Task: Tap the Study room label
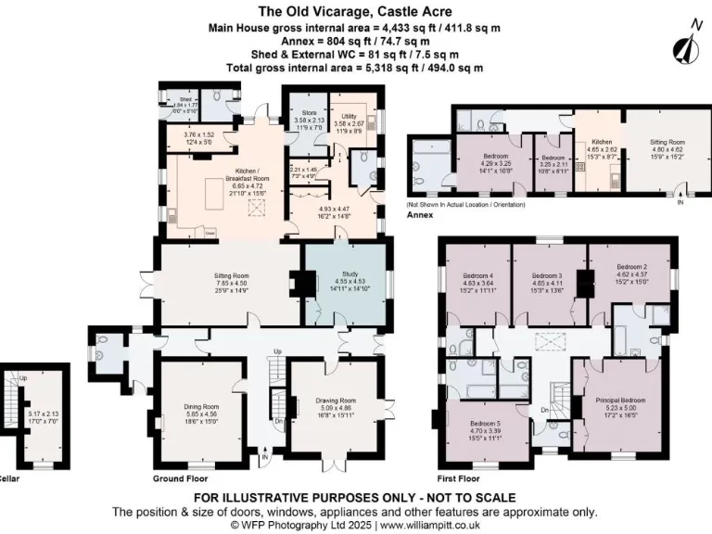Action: click(x=344, y=275)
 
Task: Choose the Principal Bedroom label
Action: click(x=619, y=400)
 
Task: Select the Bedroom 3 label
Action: click(x=547, y=275)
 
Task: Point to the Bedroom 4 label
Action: click(x=478, y=275)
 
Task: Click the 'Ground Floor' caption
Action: click(x=180, y=479)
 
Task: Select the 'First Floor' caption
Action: click(x=457, y=479)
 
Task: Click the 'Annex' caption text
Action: click(x=422, y=214)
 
